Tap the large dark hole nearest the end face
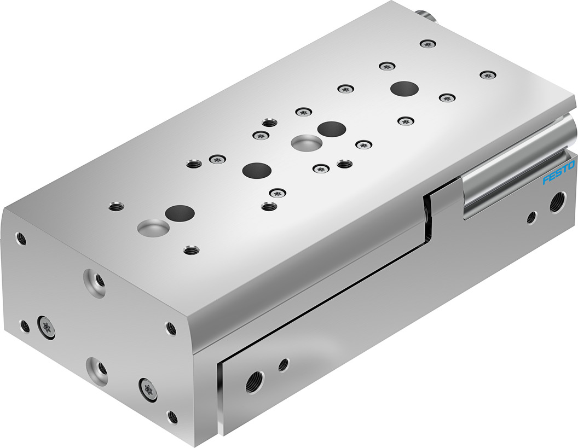point(180,212)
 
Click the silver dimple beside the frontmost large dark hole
point(153,225)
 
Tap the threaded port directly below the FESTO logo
point(557,201)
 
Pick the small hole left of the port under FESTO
point(530,218)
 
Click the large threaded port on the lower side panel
point(255,379)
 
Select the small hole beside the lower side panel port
point(284,364)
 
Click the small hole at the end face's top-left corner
point(21,238)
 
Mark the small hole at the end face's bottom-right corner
point(172,417)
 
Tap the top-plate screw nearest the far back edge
point(426,43)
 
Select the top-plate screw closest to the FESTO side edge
point(487,74)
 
